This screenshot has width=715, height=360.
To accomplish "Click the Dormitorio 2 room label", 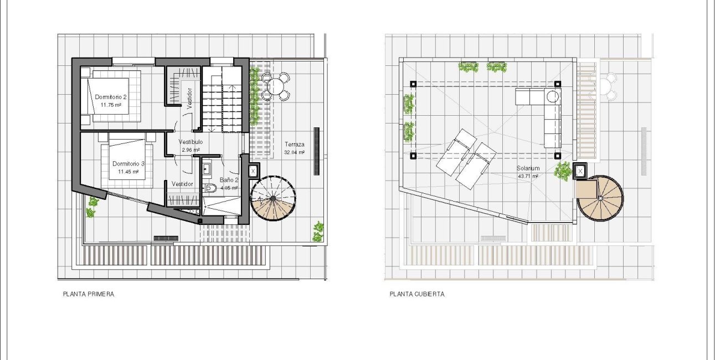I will (x=111, y=96).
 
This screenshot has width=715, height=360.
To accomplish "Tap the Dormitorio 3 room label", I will (x=128, y=164).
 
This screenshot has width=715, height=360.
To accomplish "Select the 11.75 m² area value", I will (x=111, y=104).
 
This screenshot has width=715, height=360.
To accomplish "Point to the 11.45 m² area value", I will (x=128, y=172).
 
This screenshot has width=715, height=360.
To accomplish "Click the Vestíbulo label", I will (x=191, y=142).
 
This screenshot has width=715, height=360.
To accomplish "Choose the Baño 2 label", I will (x=229, y=180).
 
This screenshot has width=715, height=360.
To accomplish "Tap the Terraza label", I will (x=294, y=143).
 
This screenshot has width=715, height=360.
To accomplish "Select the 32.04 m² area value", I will (x=294, y=152).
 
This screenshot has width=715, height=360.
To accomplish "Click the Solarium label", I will (x=528, y=168).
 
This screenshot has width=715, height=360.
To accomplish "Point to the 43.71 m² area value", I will (x=528, y=176).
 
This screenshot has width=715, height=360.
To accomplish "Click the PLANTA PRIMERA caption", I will (x=89, y=295).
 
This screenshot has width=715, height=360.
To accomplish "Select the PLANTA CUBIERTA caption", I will (x=416, y=295).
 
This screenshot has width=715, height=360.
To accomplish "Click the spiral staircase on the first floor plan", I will (x=272, y=198).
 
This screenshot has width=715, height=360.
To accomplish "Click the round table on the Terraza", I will (x=275, y=86).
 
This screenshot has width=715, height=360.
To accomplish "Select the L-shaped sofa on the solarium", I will (x=546, y=111).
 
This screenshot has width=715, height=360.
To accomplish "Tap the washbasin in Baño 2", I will (x=207, y=168).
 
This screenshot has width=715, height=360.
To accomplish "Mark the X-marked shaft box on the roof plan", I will (x=580, y=172).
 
